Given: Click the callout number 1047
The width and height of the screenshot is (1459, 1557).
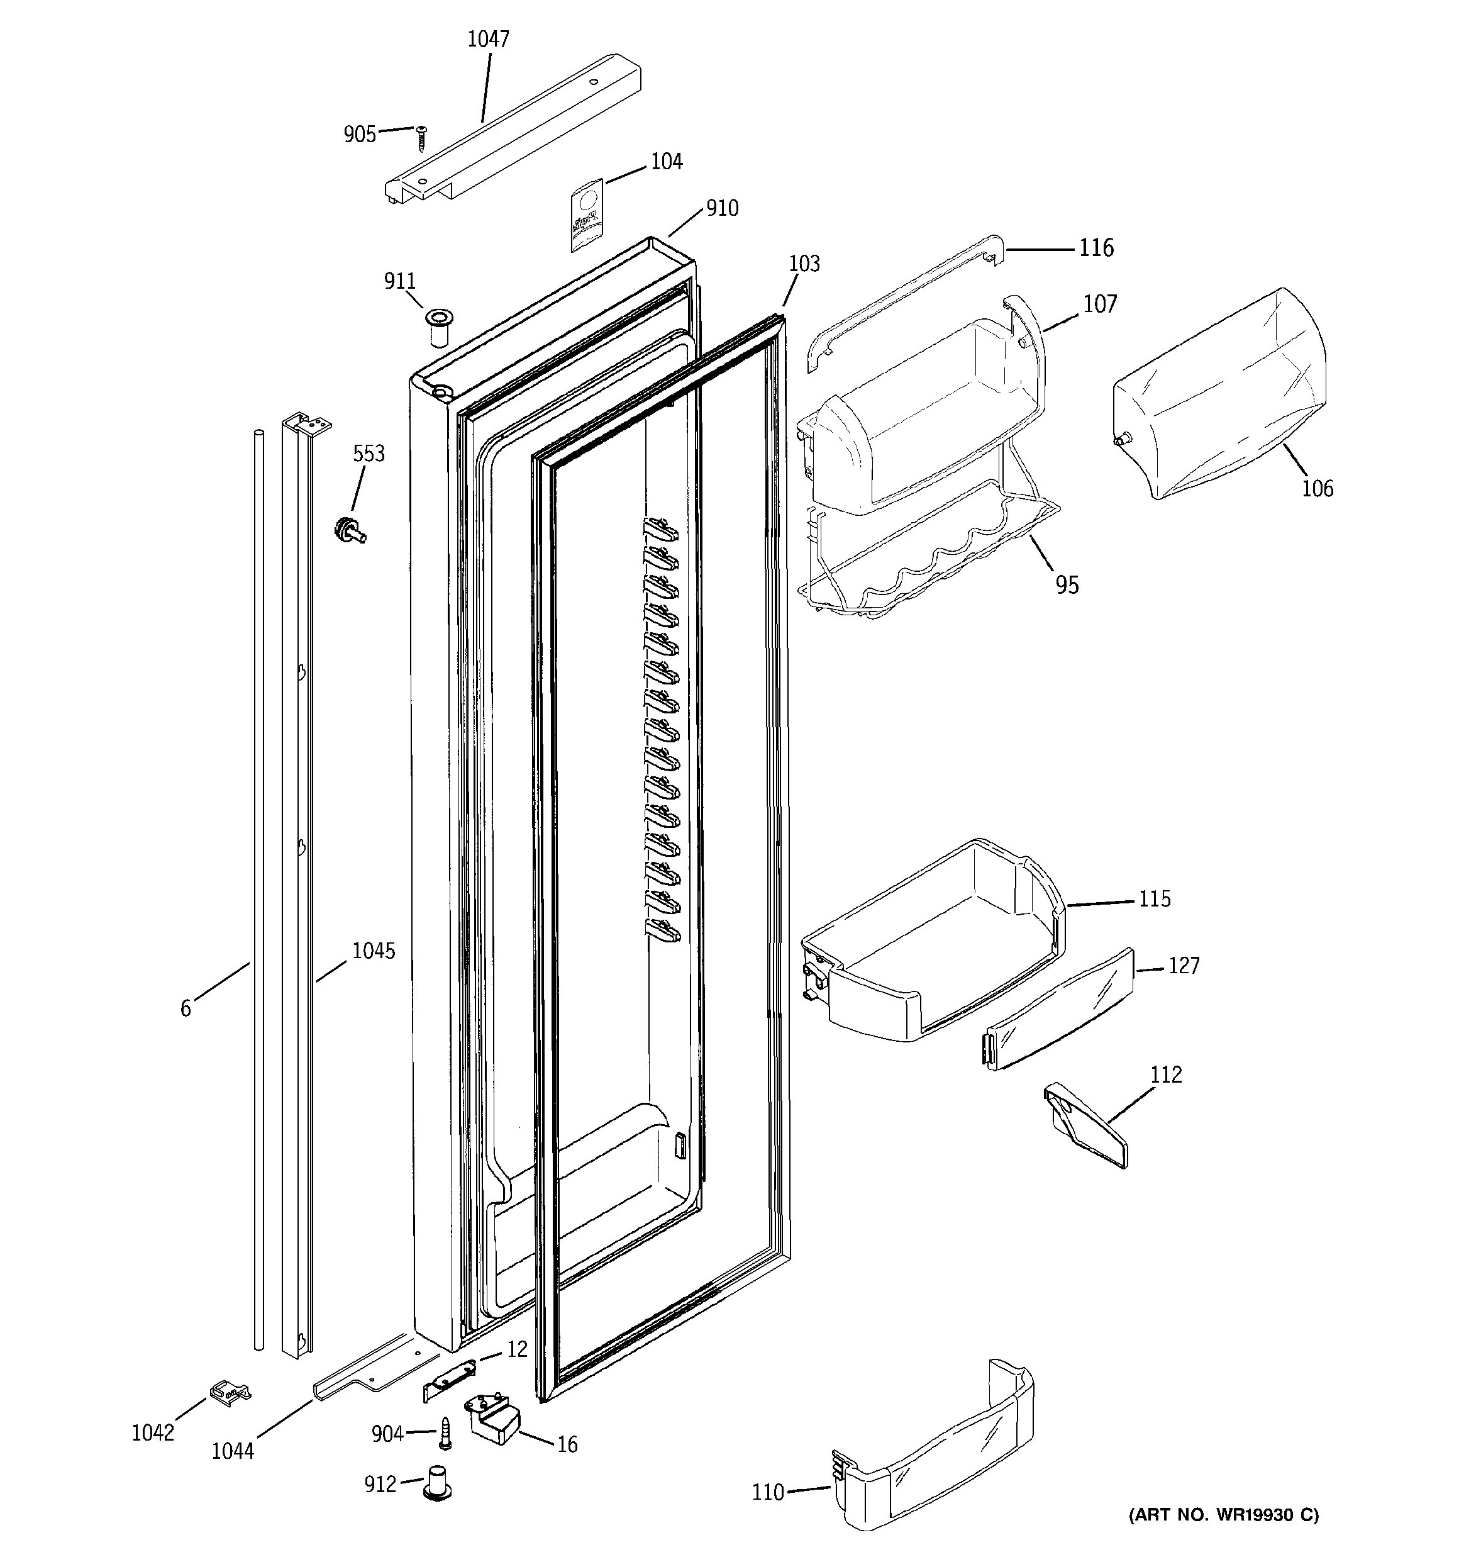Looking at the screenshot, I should click(x=488, y=39).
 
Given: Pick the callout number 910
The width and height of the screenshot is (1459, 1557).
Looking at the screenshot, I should click(x=721, y=208).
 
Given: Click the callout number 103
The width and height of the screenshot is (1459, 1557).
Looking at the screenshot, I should click(x=804, y=264).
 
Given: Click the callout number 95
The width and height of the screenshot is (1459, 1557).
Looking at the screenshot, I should click(x=1067, y=585).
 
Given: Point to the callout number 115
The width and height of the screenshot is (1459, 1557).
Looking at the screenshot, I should click(x=1155, y=899).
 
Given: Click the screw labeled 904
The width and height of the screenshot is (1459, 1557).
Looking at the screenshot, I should click(x=446, y=1432).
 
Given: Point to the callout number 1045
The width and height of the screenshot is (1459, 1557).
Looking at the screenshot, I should click(x=374, y=951).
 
